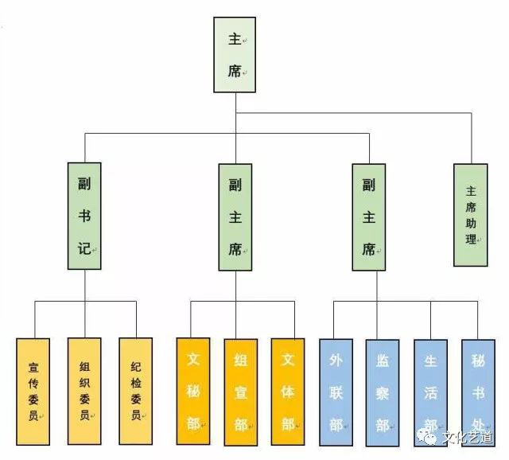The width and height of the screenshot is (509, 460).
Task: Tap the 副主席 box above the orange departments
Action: click(x=235, y=216)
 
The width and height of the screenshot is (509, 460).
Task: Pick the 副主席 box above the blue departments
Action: click(x=368, y=216)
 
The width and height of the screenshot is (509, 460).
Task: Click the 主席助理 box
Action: click(x=471, y=215)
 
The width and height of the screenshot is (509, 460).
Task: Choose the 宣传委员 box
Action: click(x=33, y=391)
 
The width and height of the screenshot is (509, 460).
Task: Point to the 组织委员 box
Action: click(x=84, y=391)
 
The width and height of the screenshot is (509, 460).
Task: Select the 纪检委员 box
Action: click(x=135, y=391)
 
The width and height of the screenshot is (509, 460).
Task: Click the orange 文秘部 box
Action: click(x=192, y=391)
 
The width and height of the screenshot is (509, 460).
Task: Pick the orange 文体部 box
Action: click(x=288, y=391)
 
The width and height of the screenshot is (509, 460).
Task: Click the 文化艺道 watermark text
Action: click(x=468, y=437)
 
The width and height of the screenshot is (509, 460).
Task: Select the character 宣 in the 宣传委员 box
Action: click(x=33, y=367)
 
